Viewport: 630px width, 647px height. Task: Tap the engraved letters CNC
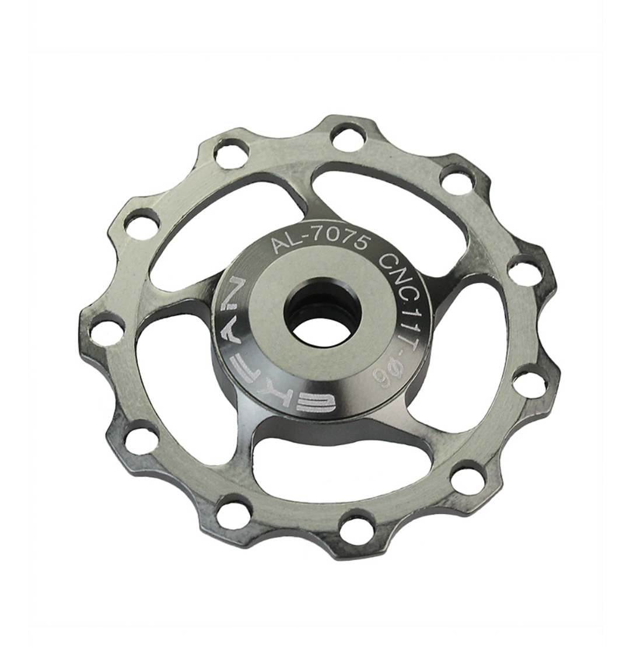(397, 270)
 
